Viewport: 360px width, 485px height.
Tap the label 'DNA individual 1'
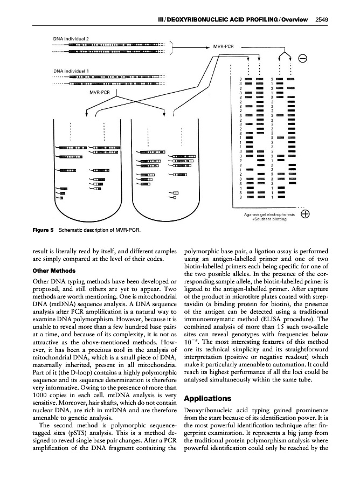click(71, 71)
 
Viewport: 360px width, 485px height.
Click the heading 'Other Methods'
click(52, 271)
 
